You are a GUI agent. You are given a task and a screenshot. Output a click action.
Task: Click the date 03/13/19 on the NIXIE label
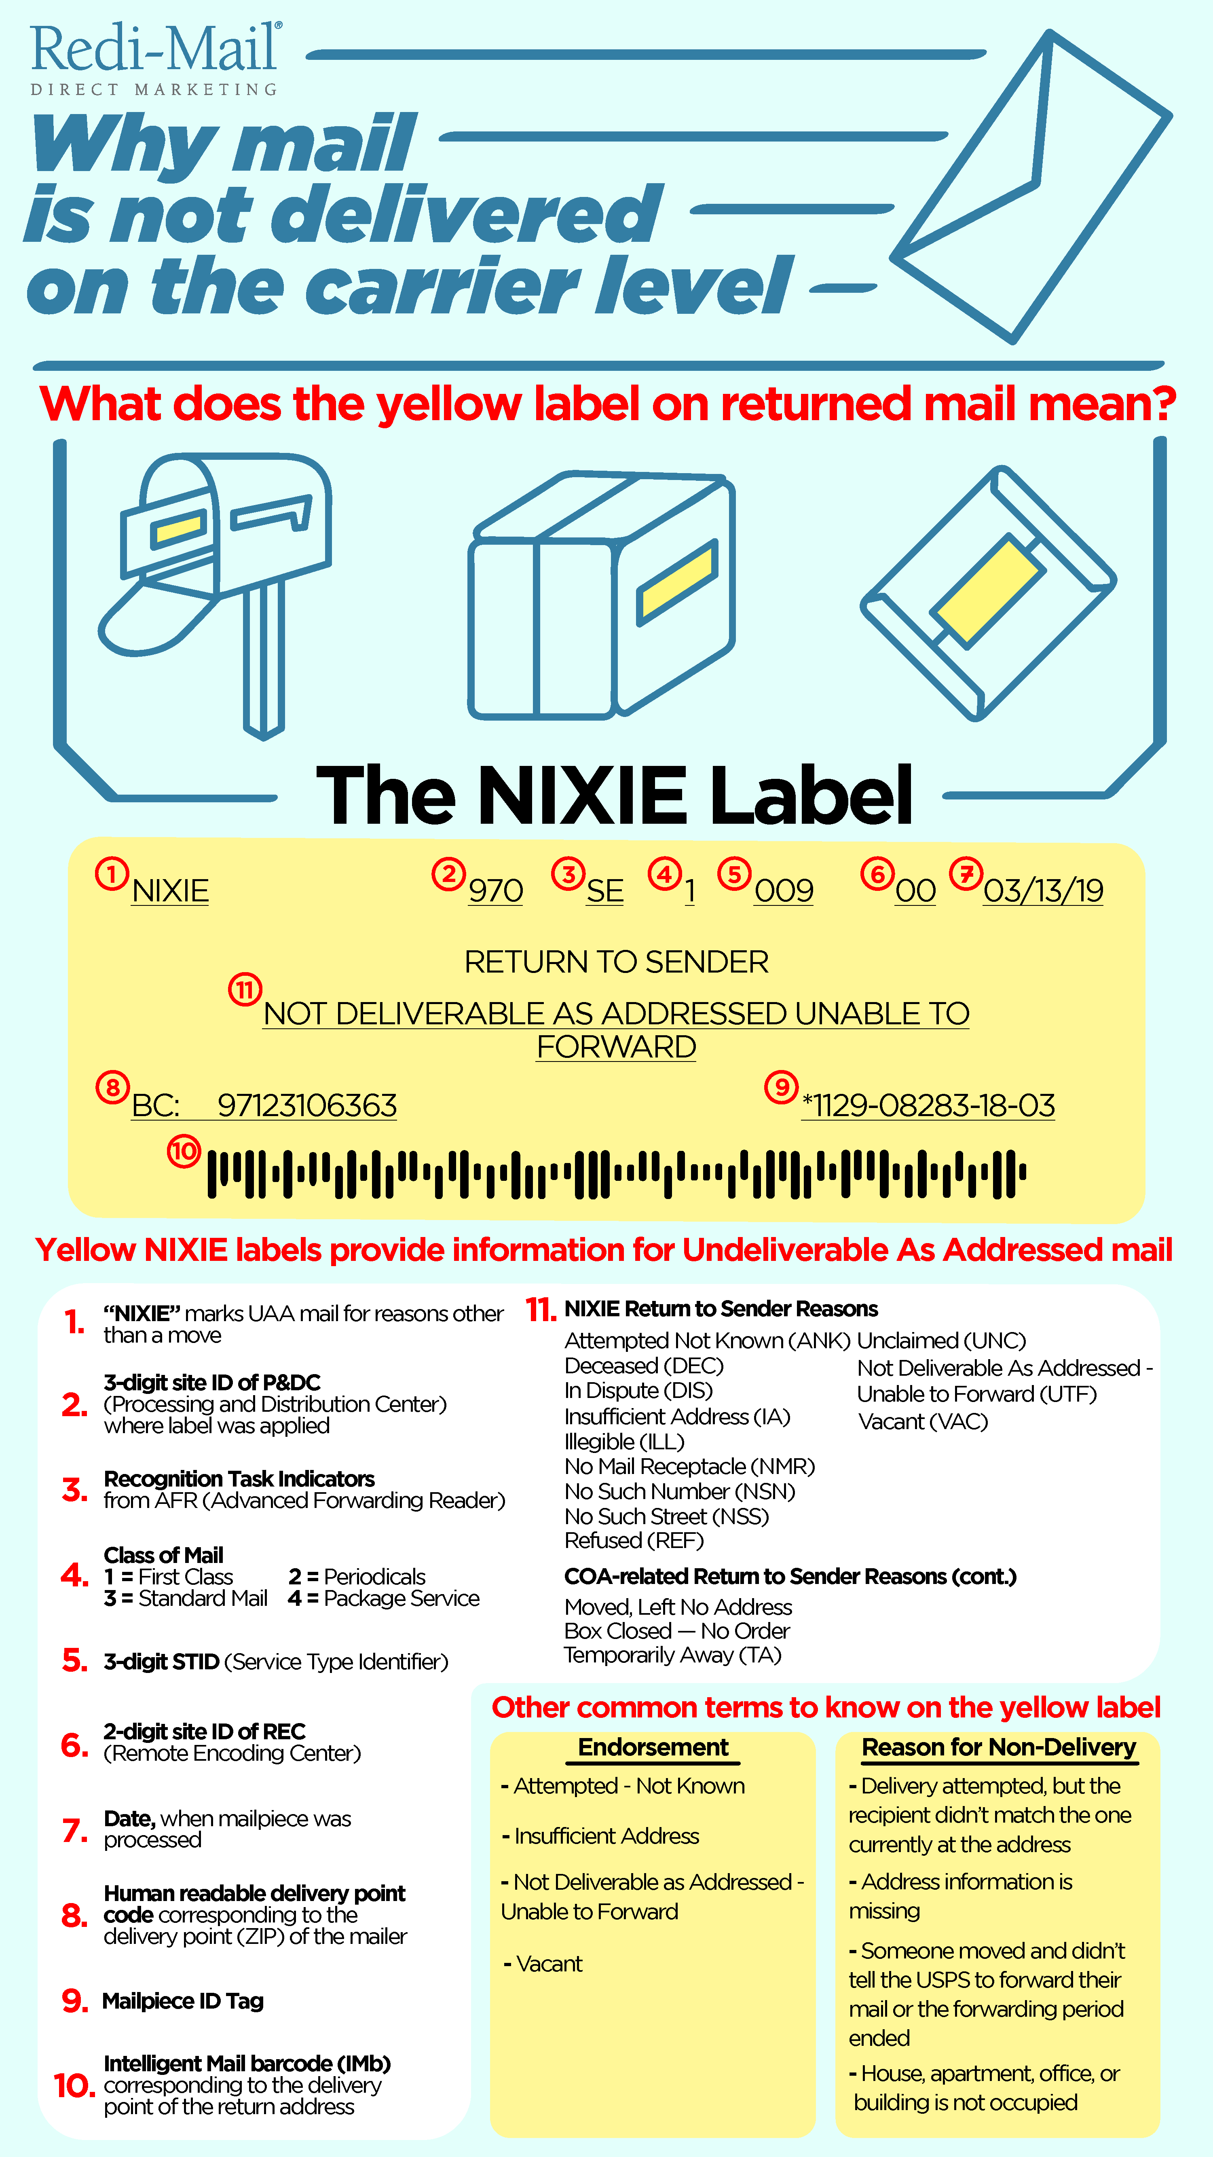pos(1043,890)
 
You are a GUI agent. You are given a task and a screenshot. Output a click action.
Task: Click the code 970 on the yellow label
pos(496,890)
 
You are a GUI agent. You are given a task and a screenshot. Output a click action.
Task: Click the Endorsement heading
pos(653,1747)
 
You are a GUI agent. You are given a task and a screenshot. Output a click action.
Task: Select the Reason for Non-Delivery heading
pos(999,1747)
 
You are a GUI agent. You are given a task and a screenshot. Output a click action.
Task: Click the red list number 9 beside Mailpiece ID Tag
pos(74,2001)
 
